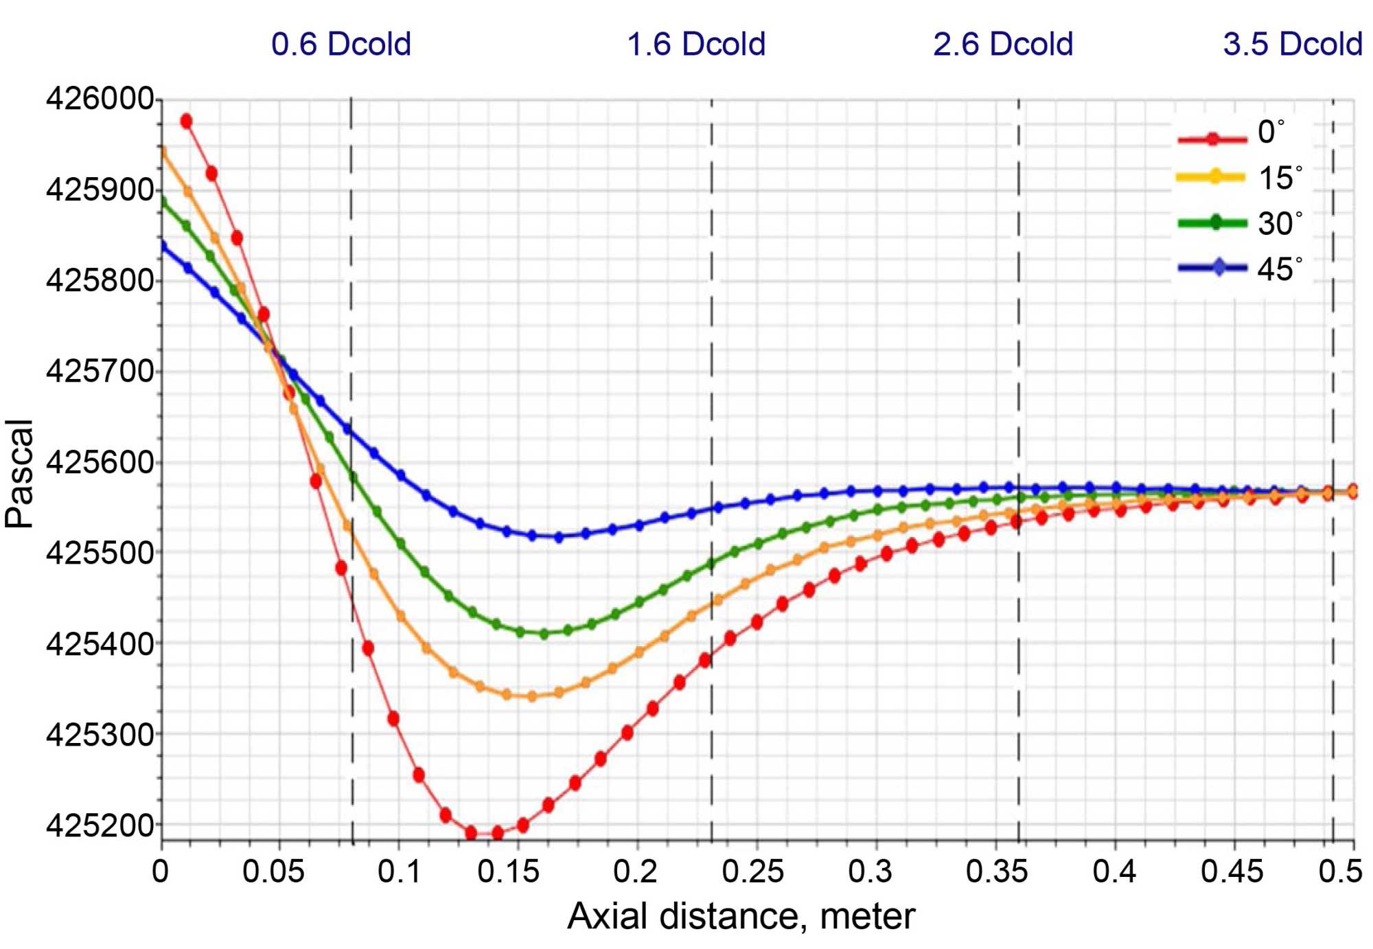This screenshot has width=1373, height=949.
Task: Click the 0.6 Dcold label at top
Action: click(x=341, y=45)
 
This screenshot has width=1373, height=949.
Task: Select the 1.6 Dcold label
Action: click(x=696, y=45)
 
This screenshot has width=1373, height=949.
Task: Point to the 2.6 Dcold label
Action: click(x=1003, y=45)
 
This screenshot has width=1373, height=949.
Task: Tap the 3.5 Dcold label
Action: click(x=1293, y=45)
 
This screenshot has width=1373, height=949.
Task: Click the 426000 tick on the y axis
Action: click(x=100, y=99)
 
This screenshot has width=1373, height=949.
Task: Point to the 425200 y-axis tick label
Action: click(x=100, y=825)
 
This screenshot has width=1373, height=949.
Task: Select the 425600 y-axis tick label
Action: click(x=100, y=462)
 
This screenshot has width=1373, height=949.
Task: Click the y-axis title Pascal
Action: click(x=19, y=474)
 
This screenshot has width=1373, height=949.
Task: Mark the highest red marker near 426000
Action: click(x=186, y=122)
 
